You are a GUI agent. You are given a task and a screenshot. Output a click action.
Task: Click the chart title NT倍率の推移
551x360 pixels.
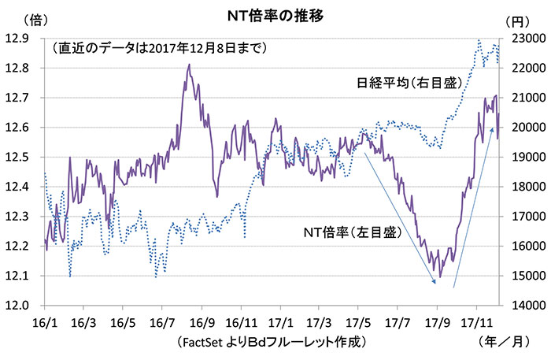coord(275,14)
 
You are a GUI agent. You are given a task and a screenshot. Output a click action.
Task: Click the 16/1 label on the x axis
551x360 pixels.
coord(45,321)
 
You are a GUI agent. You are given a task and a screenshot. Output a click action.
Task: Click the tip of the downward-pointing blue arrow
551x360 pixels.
coord(435,283)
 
